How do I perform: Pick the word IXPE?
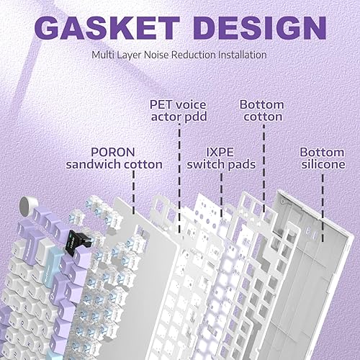(220, 152)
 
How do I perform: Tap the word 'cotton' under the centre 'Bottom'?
(261, 116)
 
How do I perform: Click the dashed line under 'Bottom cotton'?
(264, 166)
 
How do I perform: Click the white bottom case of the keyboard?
(317, 238)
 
